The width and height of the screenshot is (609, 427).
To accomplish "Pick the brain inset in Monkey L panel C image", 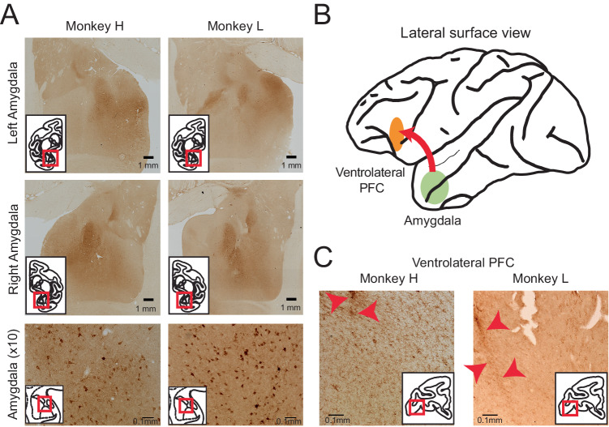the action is point(578,397).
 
